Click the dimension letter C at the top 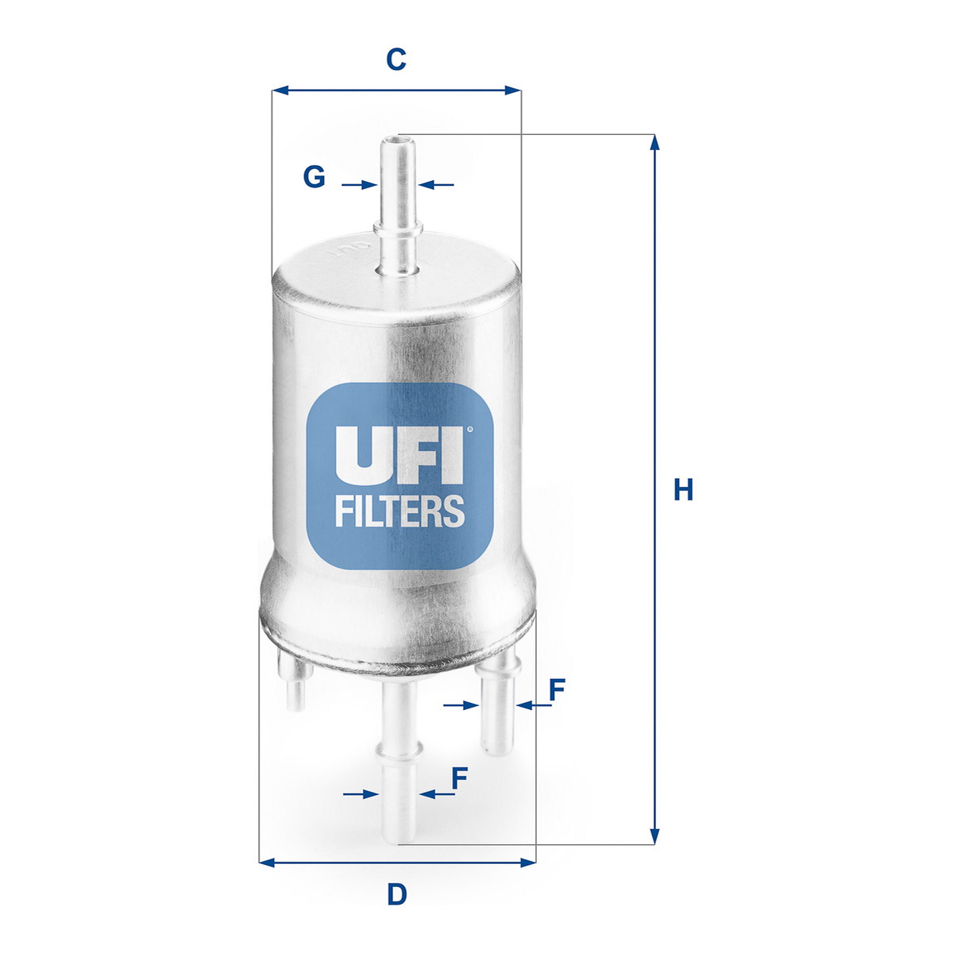(x=396, y=60)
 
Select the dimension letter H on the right (x=684, y=490)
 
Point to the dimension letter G (x=314, y=177)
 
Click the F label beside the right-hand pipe (x=557, y=690)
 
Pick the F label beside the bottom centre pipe (x=460, y=778)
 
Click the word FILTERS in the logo (x=399, y=511)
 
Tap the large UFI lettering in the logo (x=399, y=455)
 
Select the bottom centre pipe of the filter (x=399, y=762)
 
